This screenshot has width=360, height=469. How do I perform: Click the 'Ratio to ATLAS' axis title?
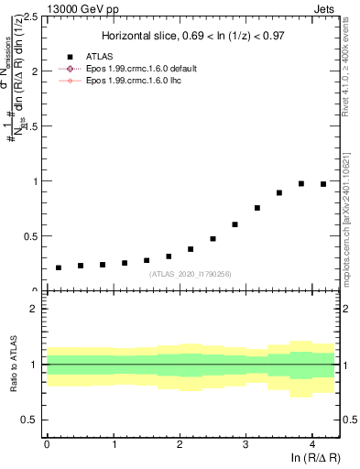(13, 365)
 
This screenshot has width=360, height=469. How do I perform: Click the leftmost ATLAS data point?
(59, 267)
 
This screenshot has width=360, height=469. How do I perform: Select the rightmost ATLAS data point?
(323, 184)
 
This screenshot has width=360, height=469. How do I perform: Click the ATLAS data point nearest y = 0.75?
(257, 208)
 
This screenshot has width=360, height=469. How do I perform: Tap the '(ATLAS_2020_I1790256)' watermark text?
(191, 273)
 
